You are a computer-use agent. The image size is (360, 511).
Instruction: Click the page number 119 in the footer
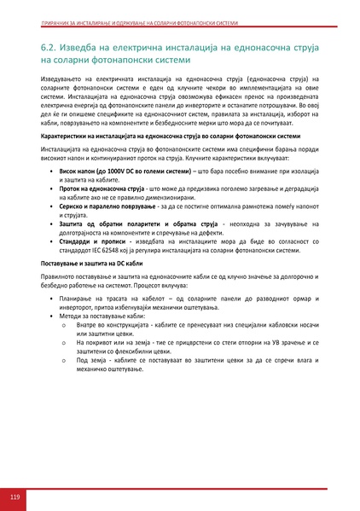click(15, 496)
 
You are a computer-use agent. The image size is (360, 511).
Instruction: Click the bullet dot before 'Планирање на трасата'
click(52, 301)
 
